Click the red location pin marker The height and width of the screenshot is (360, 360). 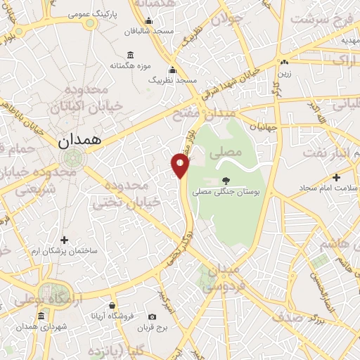pos(181,165)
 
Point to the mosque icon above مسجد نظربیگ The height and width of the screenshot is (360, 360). pos(173,69)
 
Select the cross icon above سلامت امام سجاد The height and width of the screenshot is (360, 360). pos(336,177)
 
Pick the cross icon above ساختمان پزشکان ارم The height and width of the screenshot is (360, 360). pos(65,240)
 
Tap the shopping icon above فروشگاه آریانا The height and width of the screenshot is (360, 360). pos(112,305)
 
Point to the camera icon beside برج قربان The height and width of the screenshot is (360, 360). pos(152,316)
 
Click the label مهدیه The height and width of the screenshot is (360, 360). pos(349,41)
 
